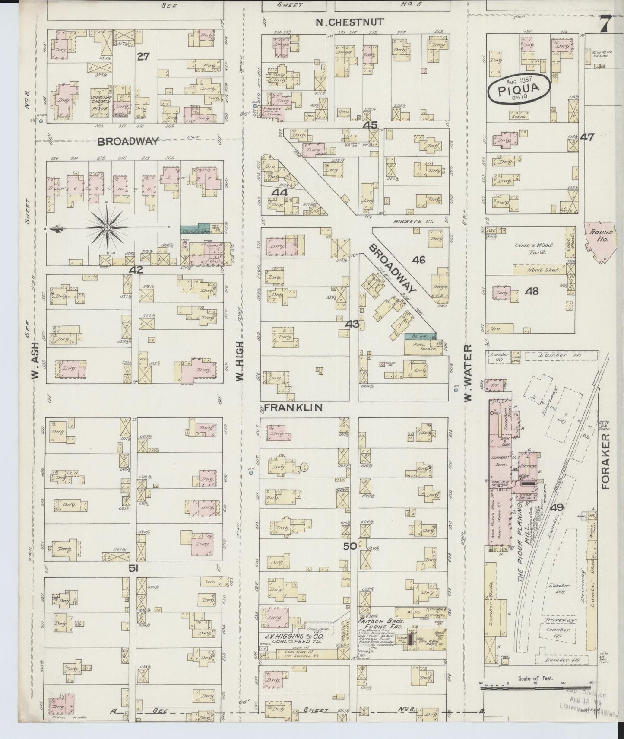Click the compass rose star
107,227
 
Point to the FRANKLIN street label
288,408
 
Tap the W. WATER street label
469,374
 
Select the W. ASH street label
35,361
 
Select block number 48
532,291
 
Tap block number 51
133,569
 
